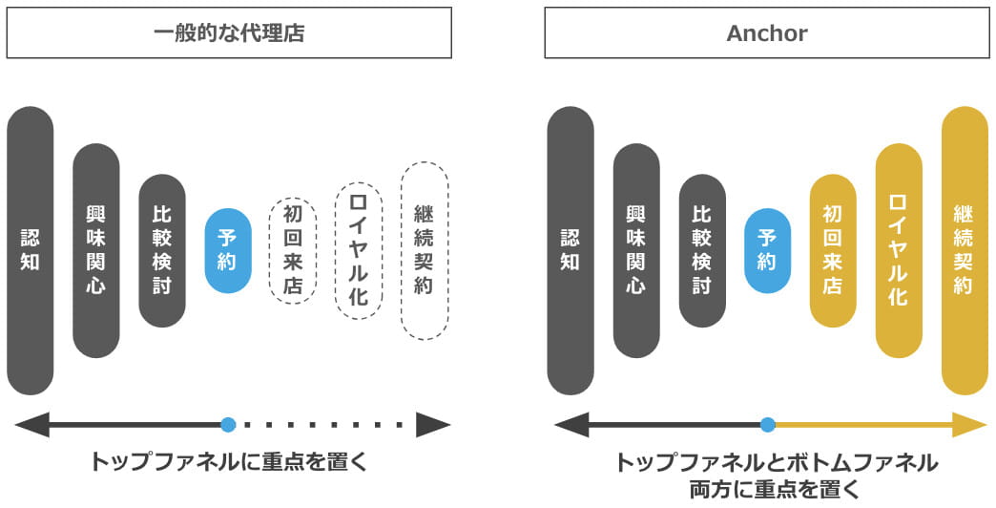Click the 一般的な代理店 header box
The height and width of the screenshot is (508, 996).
click(229, 33)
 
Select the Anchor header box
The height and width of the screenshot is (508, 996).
click(766, 33)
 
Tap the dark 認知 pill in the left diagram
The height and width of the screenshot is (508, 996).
click(31, 250)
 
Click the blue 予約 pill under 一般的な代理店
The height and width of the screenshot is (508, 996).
click(228, 250)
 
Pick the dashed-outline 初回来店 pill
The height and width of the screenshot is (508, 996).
click(293, 250)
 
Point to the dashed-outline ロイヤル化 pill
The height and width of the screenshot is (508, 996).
click(359, 250)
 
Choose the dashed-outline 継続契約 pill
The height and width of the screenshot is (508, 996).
click(425, 250)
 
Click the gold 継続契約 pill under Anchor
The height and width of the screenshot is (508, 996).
click(964, 250)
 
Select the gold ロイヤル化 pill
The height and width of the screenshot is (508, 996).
click(899, 250)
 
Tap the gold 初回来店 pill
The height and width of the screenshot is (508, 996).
click(833, 250)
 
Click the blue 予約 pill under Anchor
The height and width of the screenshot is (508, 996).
click(767, 250)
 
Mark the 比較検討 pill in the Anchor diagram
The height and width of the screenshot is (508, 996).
click(702, 250)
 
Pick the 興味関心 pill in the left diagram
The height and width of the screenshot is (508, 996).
click(96, 250)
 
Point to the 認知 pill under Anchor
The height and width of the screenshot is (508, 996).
click(571, 250)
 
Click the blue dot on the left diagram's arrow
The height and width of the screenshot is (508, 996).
click(227, 425)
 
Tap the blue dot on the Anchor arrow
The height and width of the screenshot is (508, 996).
click(768, 425)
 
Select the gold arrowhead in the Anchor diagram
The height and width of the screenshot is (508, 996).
click(970, 425)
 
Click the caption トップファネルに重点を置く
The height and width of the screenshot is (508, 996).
click(228, 462)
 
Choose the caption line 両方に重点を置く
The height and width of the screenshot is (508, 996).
click(775, 491)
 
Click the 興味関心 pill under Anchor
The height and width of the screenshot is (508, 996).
click(636, 250)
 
